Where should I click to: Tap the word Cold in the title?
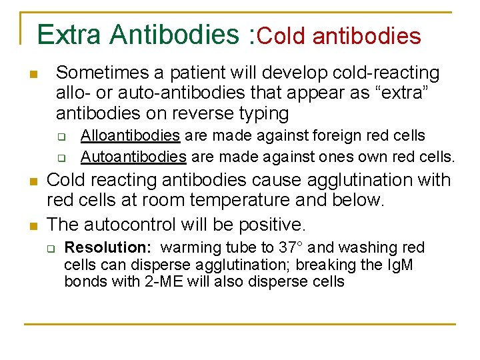[281, 35]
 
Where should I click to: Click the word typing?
[260, 113]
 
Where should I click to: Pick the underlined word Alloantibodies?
[130, 136]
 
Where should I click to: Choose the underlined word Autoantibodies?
[133, 157]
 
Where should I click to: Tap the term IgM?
[399, 265]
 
